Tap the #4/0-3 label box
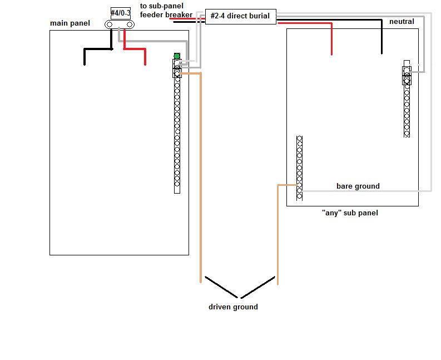coord(120,13)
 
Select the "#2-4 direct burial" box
coord(240,16)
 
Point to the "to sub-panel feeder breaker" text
coord(166,11)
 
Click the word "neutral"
coord(402,22)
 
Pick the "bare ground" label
coord(358,186)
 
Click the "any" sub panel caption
coord(350,213)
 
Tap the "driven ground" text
coord(233,307)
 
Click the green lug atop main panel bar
coord(177,56)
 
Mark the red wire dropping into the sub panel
coord(332,39)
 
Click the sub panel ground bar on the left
coord(299,167)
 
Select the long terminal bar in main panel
coord(177,134)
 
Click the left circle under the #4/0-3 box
coord(110,24)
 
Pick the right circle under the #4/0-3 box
coord(130,24)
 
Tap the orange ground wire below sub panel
coord(277,234)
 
